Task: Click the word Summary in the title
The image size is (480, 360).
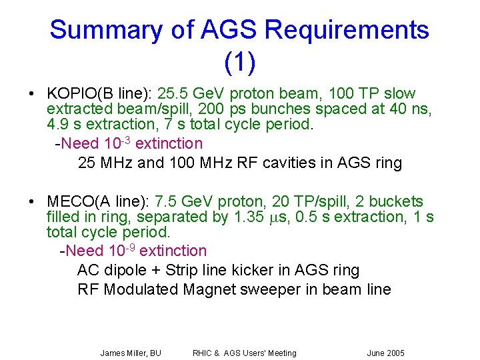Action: click(x=104, y=30)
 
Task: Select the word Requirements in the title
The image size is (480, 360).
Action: click(x=347, y=30)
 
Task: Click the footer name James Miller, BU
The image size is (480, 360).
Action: click(x=131, y=353)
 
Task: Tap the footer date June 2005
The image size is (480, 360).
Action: click(x=385, y=353)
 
